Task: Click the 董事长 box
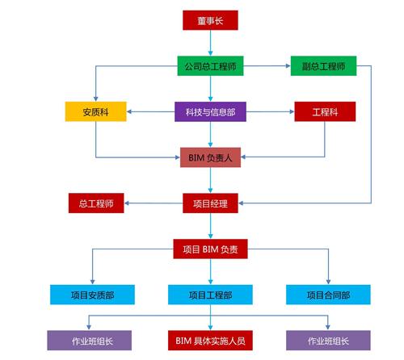[210, 20]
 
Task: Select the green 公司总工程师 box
[210, 66]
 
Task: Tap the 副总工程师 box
[323, 66]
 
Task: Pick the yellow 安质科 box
[95, 111]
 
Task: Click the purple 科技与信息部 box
[210, 111]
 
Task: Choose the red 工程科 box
[325, 111]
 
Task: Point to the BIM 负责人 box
[210, 157]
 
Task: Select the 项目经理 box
[210, 203]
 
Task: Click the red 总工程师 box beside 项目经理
[96, 203]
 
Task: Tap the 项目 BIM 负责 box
[210, 249]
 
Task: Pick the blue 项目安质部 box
[92, 295]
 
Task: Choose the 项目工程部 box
[210, 295]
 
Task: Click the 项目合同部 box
[328, 295]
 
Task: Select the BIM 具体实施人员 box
[210, 341]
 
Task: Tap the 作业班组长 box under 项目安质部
[90, 341]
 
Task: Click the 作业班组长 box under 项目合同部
[328, 341]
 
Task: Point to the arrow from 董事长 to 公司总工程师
[210, 43]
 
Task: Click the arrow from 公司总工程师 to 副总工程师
[267, 66]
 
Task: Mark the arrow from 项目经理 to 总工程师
[154, 203]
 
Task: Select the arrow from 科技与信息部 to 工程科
[270, 111]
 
